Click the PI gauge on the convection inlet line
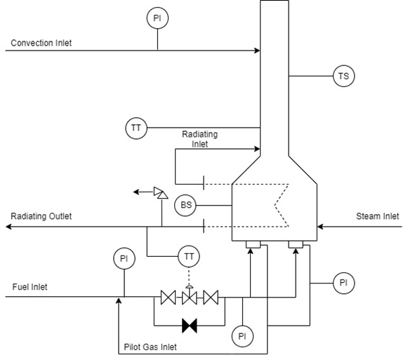(157, 18)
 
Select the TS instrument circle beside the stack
(343, 76)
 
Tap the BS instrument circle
(185, 205)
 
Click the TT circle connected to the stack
(136, 128)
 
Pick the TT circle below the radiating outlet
(189, 256)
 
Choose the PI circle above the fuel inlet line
(124, 258)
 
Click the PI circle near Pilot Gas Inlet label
(242, 336)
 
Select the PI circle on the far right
(343, 283)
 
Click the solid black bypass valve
(190, 326)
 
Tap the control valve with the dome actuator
(190, 295)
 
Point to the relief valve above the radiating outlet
(161, 193)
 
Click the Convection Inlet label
(41, 43)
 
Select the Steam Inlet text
(377, 216)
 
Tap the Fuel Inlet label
(29, 287)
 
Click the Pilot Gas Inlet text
(150, 347)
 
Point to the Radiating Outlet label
(41, 216)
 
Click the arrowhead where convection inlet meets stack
(257, 51)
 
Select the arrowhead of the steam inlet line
(320, 227)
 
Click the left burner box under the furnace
(254, 244)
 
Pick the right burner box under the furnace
(296, 244)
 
